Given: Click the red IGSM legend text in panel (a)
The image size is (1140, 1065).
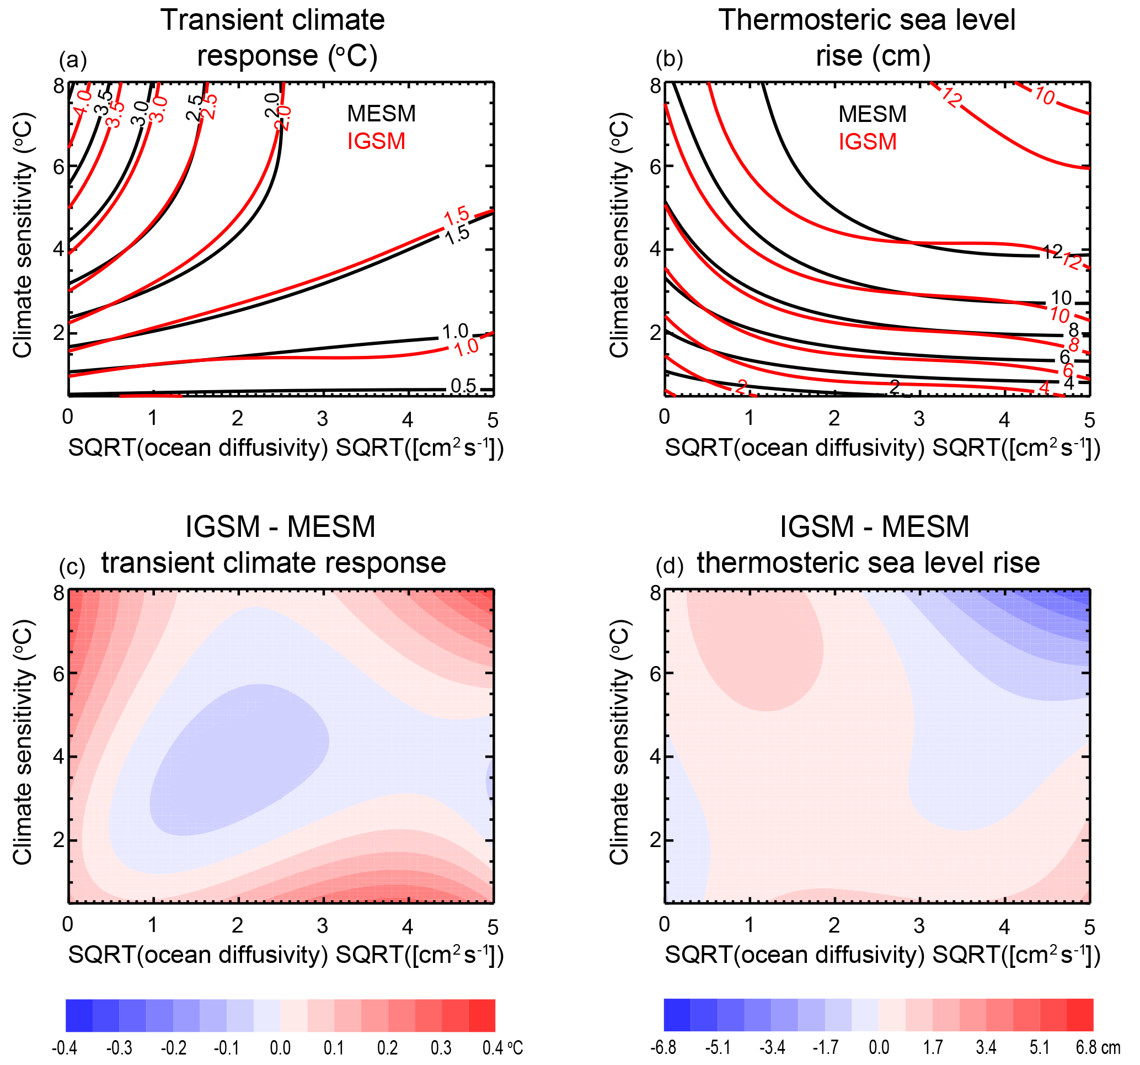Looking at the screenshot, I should (376, 141).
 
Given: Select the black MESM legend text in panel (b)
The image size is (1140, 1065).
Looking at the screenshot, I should (872, 114).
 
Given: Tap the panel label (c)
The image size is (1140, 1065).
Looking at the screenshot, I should (72, 567).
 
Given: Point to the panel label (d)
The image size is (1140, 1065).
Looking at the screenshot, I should (669, 567).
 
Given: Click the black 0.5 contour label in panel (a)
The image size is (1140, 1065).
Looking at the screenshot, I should (463, 386).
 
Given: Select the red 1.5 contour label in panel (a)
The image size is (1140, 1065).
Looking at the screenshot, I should (457, 217).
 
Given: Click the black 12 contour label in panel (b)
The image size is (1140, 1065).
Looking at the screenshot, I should (1052, 251).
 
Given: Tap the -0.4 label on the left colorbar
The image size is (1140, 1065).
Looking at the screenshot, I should (64, 1048).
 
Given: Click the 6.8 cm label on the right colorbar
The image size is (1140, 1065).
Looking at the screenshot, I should (1098, 1048).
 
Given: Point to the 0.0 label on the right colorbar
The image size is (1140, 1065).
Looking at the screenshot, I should (879, 1048).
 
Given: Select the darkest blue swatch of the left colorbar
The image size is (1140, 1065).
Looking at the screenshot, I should (79, 1016).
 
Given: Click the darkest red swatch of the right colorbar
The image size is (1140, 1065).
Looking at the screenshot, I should (1080, 1015).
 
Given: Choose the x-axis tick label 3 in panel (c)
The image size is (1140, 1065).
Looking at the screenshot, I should (322, 925).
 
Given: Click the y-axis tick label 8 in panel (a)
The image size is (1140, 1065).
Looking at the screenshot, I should (59, 87).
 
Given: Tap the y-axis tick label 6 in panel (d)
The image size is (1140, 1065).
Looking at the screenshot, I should (656, 674).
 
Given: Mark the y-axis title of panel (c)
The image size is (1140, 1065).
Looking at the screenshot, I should (23, 742).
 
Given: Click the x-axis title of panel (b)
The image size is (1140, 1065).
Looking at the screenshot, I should (882, 448).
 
